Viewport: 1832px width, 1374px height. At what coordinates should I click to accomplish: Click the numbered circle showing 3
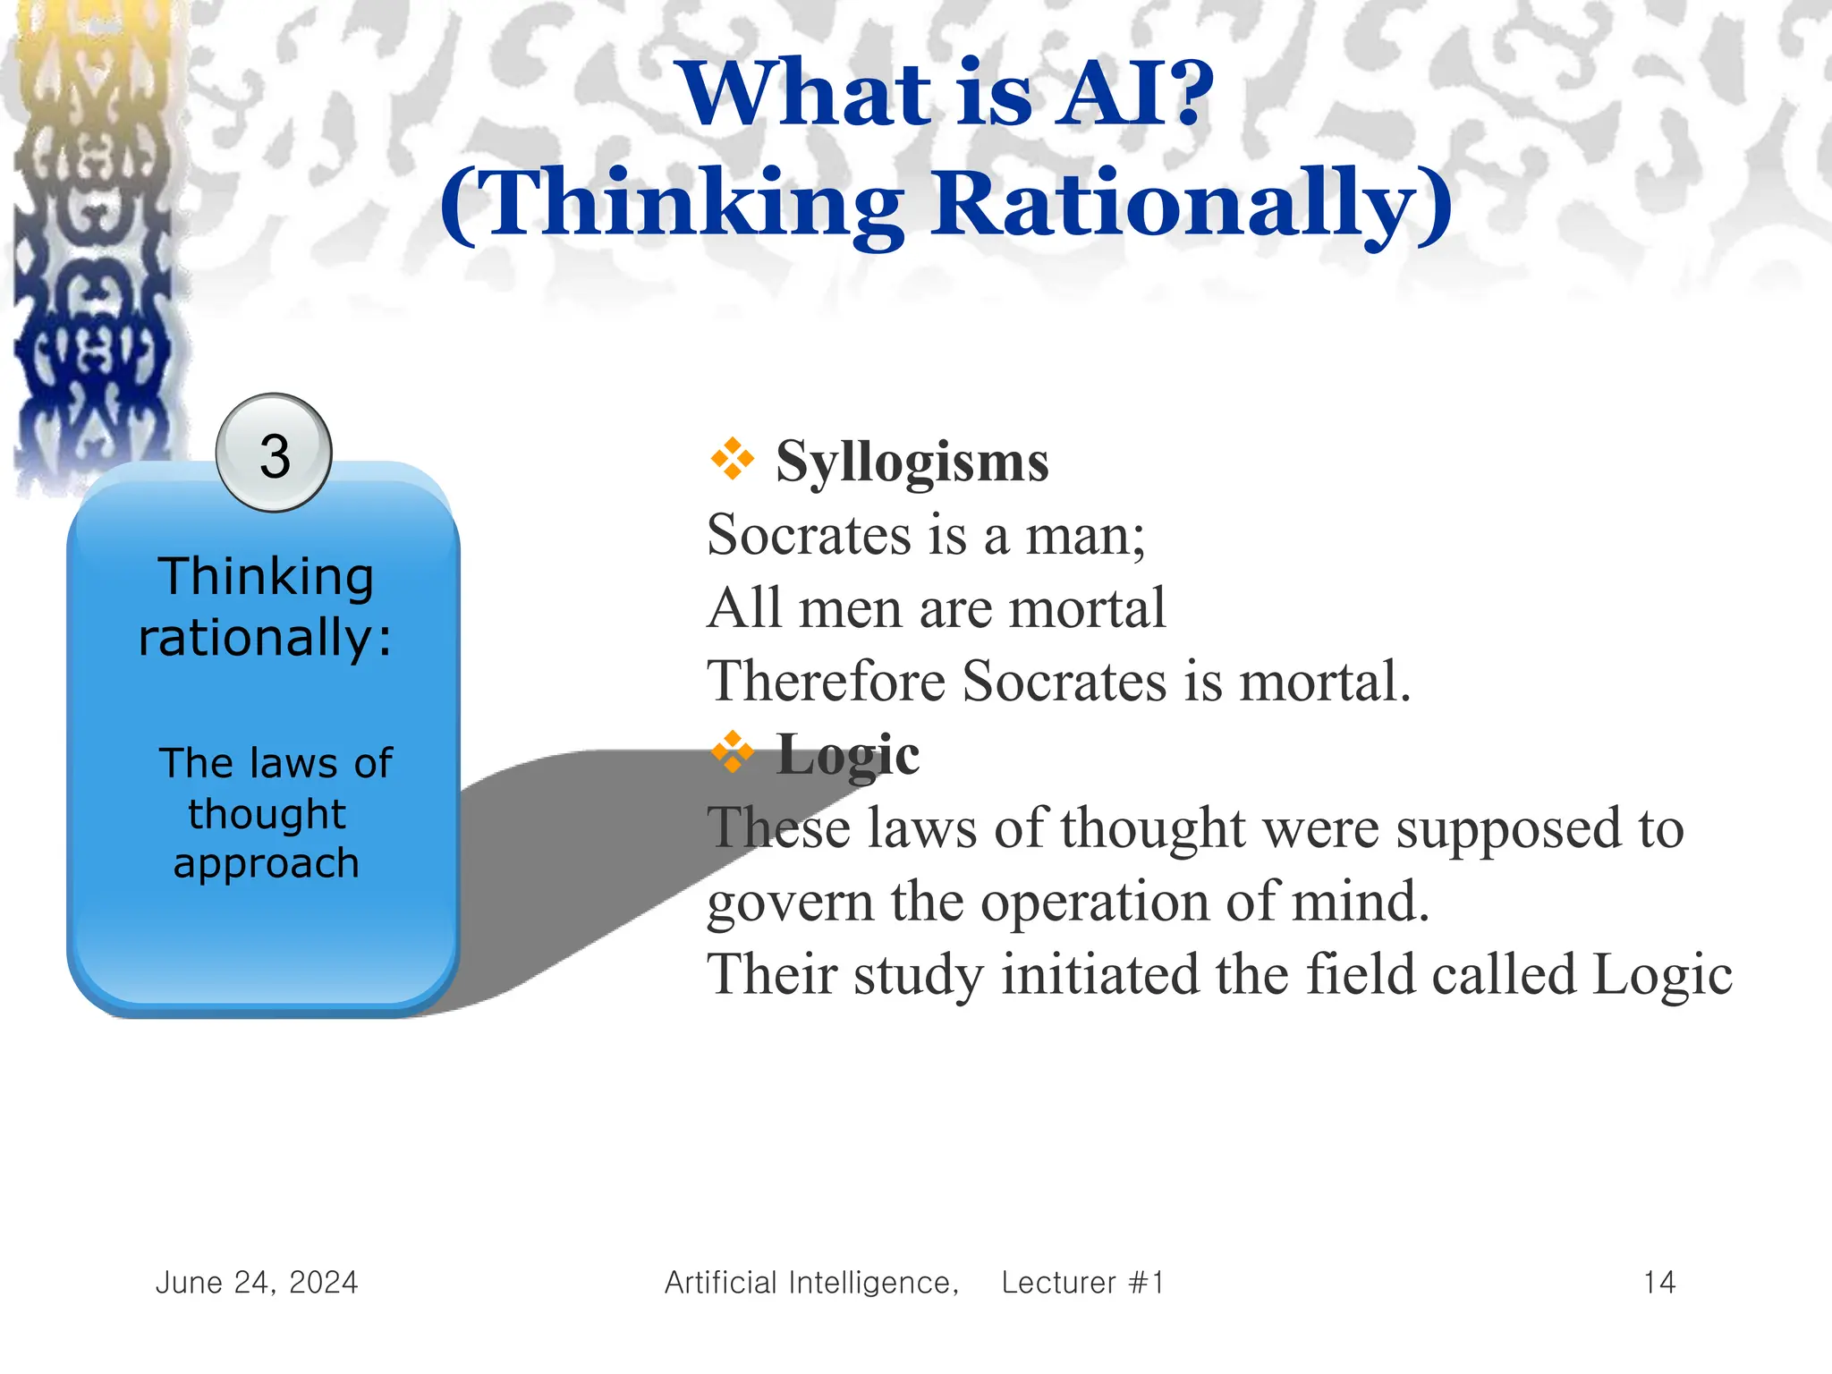[x=274, y=454]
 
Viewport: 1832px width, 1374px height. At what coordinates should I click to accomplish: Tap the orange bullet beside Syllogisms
[x=732, y=459]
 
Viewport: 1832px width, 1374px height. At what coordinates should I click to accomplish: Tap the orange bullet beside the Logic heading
[x=732, y=752]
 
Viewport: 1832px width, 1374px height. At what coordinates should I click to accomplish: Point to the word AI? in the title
[x=1133, y=93]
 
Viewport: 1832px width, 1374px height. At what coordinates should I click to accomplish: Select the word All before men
[x=742, y=608]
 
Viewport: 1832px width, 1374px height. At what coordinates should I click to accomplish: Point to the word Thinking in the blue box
[x=266, y=577]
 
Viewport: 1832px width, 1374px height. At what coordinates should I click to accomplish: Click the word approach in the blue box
[x=266, y=863]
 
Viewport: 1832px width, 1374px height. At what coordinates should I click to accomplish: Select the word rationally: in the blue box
[x=266, y=638]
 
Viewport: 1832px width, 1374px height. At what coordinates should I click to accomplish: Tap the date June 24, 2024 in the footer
[x=257, y=1282]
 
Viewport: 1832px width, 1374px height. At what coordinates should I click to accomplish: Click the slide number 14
[x=1659, y=1282]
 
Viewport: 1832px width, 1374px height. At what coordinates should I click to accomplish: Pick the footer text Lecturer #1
[x=1082, y=1282]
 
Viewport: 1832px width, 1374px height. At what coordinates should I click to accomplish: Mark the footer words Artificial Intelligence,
[x=811, y=1282]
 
